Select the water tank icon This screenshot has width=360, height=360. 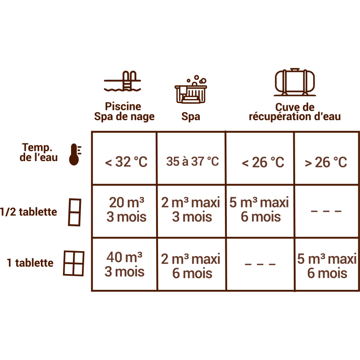click(x=295, y=82)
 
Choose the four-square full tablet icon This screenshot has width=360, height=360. click(x=73, y=263)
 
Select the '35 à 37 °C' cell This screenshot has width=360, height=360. click(x=192, y=162)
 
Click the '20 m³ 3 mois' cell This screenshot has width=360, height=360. click(x=126, y=210)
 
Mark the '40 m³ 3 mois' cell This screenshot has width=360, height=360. click(x=125, y=265)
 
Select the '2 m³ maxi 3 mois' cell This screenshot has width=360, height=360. click(x=191, y=210)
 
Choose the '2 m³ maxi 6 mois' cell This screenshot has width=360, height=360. click(x=191, y=266)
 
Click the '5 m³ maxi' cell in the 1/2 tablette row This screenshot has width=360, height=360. click(x=259, y=210)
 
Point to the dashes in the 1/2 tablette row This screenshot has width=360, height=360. click(x=326, y=211)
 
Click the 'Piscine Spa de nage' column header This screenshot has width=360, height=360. click(x=124, y=112)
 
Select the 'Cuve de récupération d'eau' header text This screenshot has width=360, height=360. click(x=295, y=112)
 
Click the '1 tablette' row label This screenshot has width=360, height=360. click(x=30, y=263)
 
